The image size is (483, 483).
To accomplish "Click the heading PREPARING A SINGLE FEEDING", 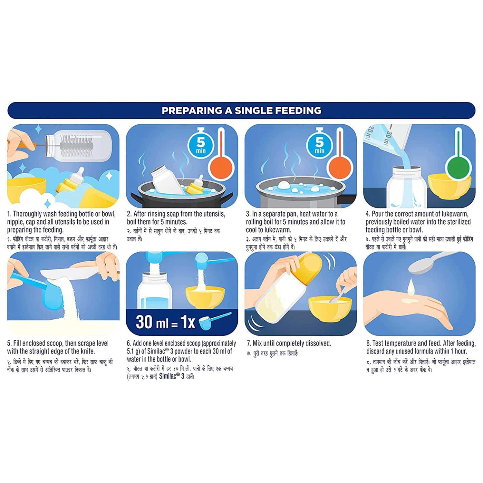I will [x=241, y=111].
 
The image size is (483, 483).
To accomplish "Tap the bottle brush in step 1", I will [x=74, y=142].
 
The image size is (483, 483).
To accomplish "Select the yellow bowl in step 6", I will [x=205, y=296].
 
